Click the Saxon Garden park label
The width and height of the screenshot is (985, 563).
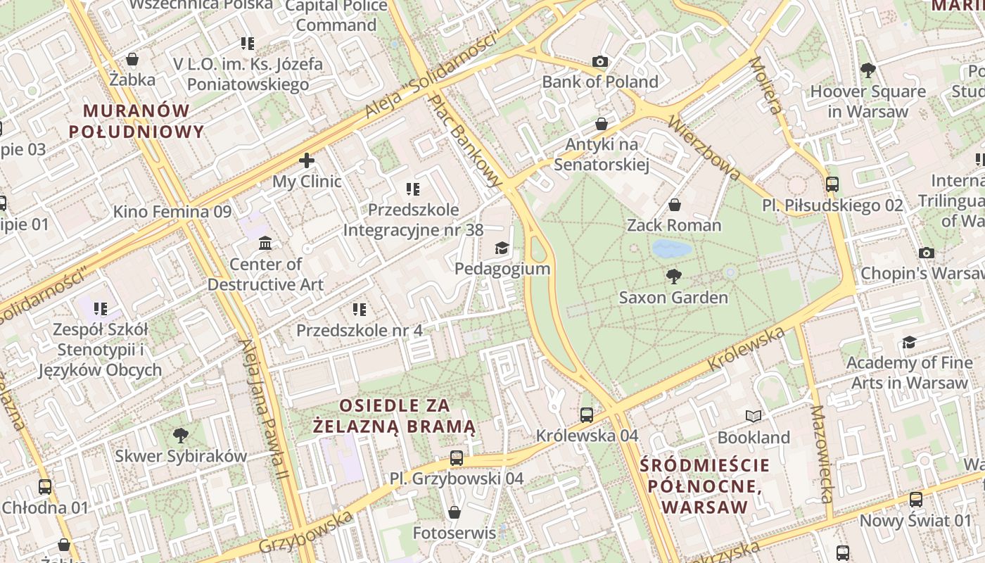673,298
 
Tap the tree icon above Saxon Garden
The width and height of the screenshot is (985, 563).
674,276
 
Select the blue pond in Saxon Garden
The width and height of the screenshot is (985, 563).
671,248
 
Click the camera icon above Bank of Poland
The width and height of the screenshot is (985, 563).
600,62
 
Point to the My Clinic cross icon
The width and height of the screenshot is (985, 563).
307,160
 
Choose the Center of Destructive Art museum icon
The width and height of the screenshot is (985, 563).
265,243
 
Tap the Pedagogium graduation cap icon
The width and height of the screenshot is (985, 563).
502,248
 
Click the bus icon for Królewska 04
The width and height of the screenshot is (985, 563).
587,415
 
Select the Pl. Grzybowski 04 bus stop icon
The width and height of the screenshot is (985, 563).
457,458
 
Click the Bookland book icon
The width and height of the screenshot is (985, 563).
754,417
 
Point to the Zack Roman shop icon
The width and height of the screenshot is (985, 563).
674,205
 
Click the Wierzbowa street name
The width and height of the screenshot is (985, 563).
704,148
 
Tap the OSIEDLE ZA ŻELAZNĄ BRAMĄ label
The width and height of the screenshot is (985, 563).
395,416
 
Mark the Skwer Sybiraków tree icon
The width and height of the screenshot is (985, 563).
181,435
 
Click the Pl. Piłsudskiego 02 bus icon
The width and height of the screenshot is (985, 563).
832,184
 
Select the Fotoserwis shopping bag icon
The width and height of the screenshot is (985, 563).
455,512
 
